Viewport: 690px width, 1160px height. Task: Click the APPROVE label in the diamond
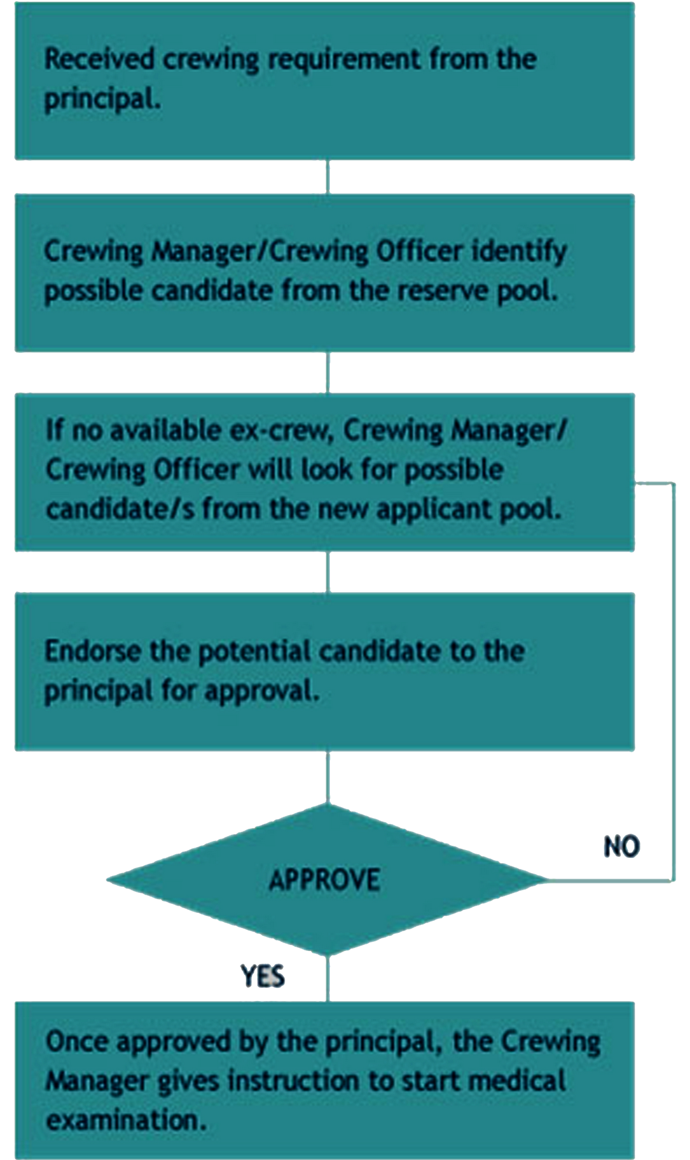point(324,880)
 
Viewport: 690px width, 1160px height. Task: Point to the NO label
point(621,846)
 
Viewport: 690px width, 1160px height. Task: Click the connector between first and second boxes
point(327,176)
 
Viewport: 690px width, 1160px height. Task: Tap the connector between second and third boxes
point(327,372)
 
